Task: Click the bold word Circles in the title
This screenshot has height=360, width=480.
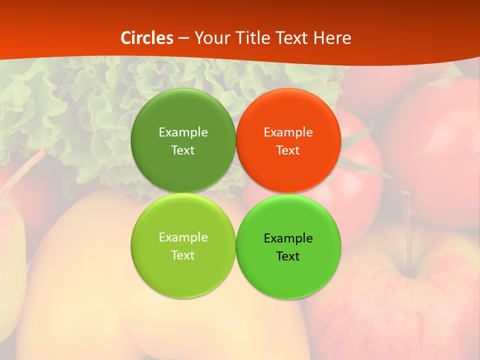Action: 147,38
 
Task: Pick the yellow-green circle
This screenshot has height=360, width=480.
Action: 183,272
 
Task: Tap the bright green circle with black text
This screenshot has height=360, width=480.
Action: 288,272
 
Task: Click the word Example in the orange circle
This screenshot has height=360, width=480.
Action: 288,132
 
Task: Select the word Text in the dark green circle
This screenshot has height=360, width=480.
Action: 183,150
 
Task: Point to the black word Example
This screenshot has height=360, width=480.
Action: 288,238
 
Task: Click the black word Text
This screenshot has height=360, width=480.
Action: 288,256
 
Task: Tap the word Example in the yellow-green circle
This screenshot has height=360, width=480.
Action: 183,237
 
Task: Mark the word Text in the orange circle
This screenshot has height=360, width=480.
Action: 288,150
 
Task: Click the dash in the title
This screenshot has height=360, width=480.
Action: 183,38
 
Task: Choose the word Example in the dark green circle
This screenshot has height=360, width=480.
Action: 183,132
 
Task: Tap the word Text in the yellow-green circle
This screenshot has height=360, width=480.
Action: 183,255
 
